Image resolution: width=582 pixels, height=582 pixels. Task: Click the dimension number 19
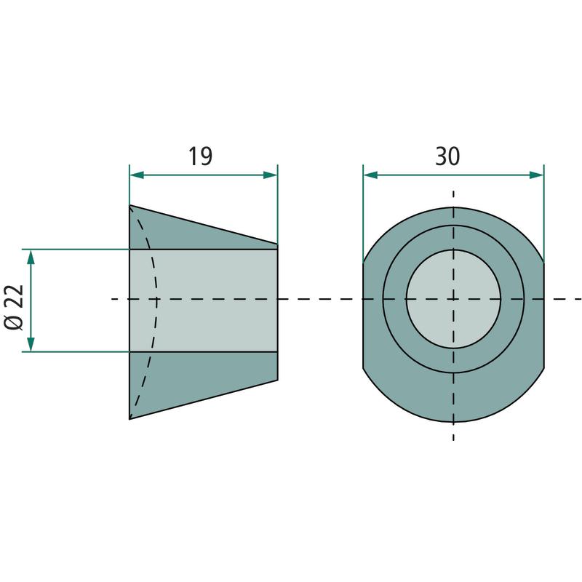(201, 156)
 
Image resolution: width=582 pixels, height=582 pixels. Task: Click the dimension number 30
(447, 156)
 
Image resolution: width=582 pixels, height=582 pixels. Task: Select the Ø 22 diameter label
(14, 307)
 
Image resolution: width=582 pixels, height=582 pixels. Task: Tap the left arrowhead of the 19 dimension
(137, 175)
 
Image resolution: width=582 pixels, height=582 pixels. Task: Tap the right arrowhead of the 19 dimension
(270, 175)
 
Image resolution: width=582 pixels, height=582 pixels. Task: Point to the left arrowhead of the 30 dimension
(370, 175)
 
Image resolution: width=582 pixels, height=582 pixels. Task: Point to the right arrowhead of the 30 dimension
(536, 175)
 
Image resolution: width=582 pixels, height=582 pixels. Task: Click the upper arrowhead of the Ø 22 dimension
(31, 257)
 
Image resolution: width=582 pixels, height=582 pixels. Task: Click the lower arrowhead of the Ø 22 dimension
(31, 344)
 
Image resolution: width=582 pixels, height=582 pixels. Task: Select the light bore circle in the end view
(453, 299)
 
